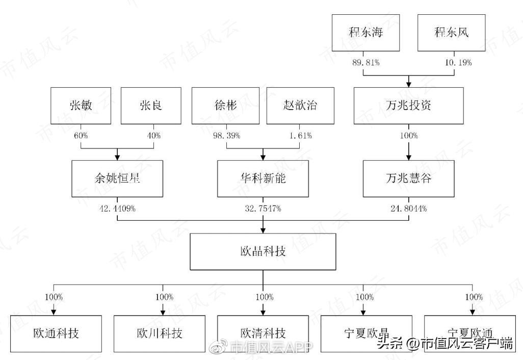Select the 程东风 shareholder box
tap(451, 33)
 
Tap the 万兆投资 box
tap(409, 106)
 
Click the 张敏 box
tap(81, 106)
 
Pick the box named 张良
tap(150, 106)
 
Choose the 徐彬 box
tap(226, 106)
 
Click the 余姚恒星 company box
tap(117, 178)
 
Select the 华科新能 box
tap(263, 178)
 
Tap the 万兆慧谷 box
tap(408, 178)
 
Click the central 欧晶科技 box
tap(263, 251)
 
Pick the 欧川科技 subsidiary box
tap(159, 333)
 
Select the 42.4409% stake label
tap(118, 209)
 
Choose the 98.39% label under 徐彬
tap(226, 136)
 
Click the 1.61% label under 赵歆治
tap(301, 136)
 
